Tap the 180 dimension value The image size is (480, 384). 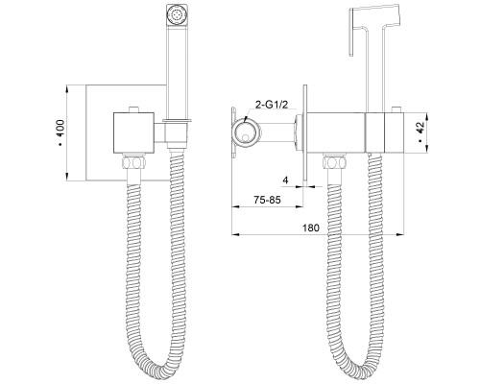tap(311, 228)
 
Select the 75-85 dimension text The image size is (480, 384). tap(267, 200)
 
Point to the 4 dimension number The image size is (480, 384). tap(285, 180)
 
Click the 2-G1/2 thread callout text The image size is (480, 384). tap(271, 105)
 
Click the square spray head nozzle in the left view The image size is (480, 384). tap(176, 15)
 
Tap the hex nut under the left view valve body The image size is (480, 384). tap(134, 161)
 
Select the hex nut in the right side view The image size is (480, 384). tap(335, 161)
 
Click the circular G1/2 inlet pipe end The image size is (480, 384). tap(246, 132)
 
